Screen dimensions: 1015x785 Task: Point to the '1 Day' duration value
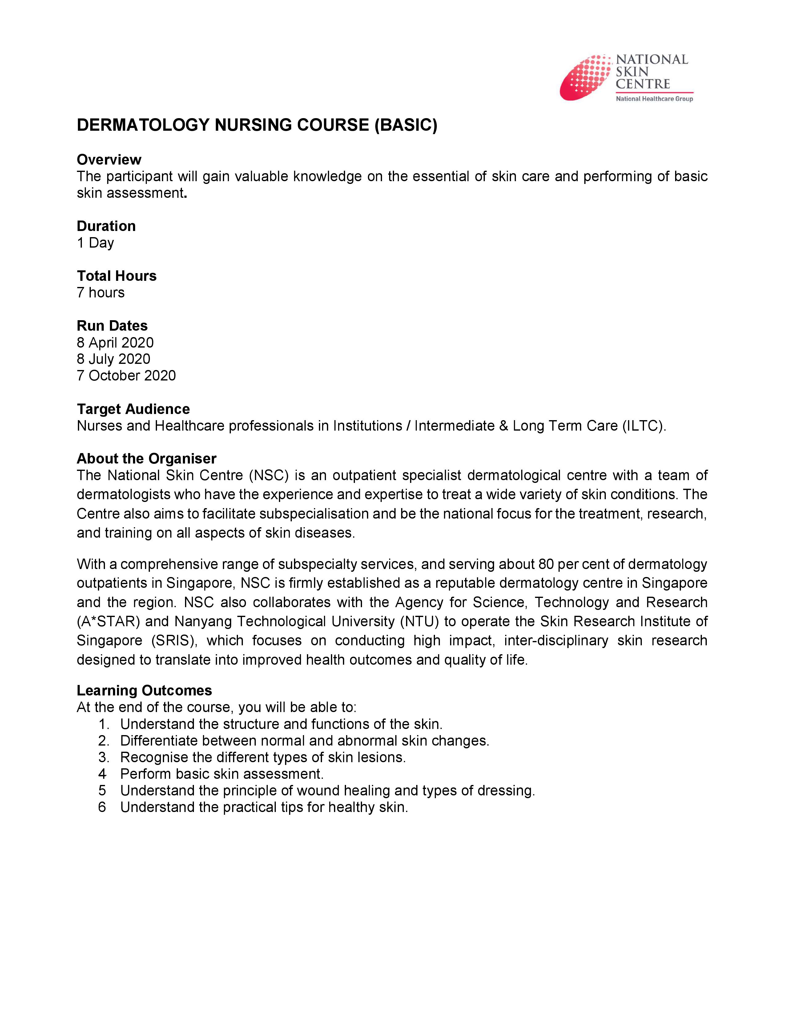(95, 243)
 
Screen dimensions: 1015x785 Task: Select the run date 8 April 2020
(115, 343)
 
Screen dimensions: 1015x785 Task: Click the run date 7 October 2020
(126, 376)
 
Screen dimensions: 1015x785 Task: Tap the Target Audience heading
(133, 409)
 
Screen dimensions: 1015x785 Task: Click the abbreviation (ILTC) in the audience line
(644, 426)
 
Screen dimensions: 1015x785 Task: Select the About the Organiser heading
(147, 459)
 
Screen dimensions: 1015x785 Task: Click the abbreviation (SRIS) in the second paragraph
(174, 640)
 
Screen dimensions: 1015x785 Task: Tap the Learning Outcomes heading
(144, 691)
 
